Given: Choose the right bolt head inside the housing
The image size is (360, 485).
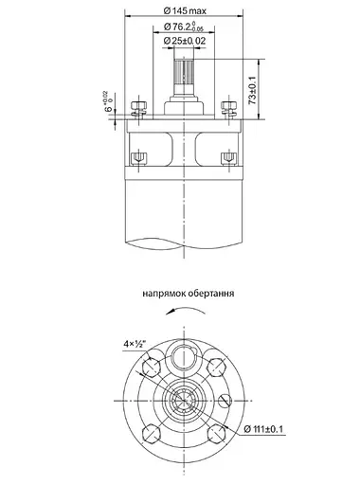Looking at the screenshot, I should pyautogui.click(x=226, y=155).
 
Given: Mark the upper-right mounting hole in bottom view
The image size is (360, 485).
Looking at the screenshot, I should pyautogui.click(x=217, y=368).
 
